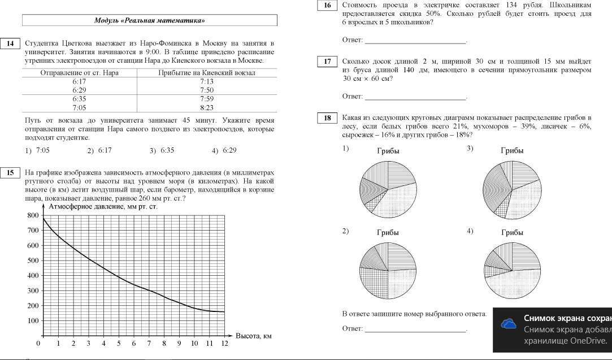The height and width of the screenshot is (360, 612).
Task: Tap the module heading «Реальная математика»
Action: [x=149, y=20]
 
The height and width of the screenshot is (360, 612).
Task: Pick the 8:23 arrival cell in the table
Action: [x=207, y=107]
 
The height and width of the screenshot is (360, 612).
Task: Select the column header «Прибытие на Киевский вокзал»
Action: [x=207, y=73]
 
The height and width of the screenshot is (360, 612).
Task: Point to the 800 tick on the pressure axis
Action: [x=33, y=215]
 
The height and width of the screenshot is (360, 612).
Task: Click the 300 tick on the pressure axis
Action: [x=33, y=290]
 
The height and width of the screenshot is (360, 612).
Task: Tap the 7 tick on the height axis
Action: [x=149, y=344]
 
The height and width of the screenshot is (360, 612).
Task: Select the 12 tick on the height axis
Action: [x=224, y=344]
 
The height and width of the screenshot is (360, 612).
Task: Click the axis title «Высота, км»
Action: [x=254, y=336]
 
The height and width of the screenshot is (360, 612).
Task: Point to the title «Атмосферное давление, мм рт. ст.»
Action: [x=103, y=206]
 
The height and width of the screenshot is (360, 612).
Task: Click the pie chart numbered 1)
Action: [x=388, y=189]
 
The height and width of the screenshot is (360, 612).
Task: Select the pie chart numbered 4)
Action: [x=512, y=271]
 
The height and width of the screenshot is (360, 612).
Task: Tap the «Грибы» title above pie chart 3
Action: [x=512, y=150]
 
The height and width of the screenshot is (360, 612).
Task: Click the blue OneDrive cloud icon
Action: [x=509, y=324]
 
